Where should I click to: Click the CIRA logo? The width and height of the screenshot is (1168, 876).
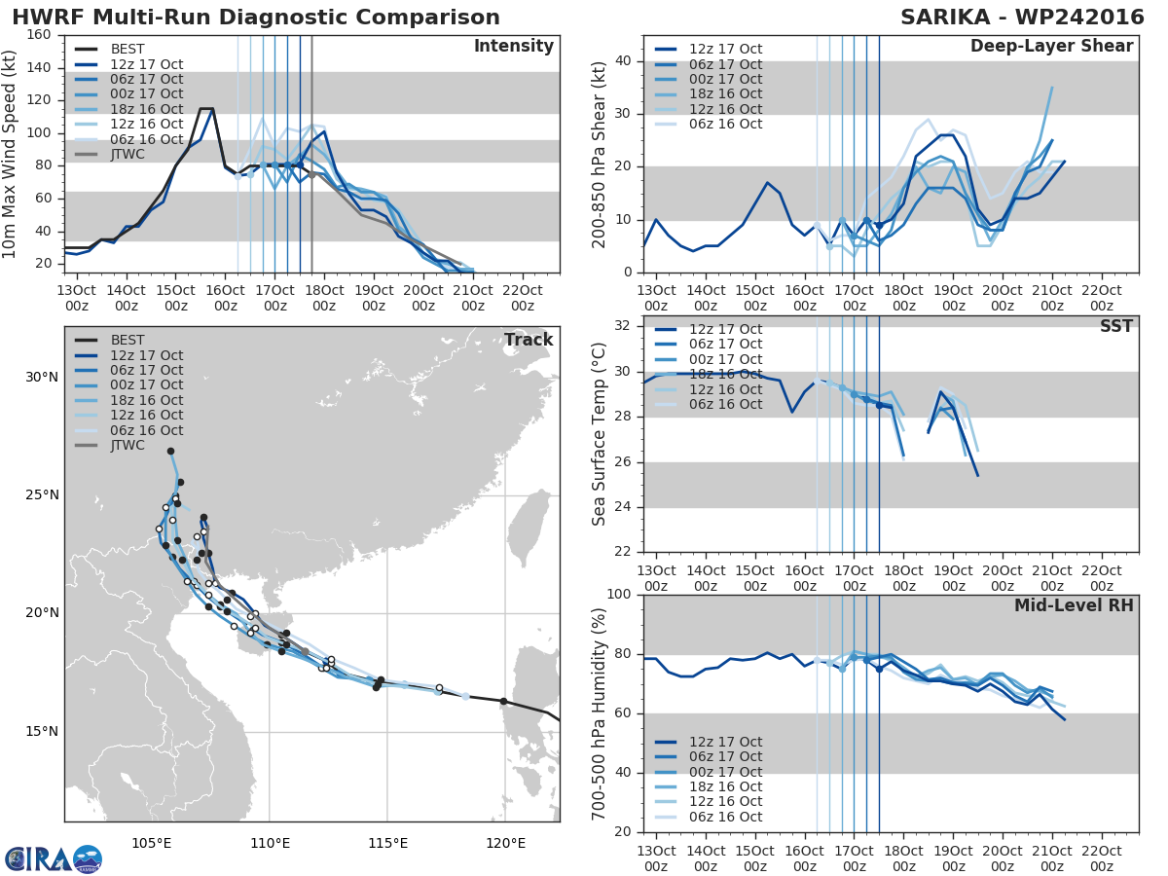[54, 859]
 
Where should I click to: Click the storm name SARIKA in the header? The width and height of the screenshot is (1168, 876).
[945, 17]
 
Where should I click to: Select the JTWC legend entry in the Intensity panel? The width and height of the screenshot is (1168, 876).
[113, 154]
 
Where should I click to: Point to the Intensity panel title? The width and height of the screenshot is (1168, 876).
[514, 47]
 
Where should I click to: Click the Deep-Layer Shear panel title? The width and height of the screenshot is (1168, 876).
[1051, 47]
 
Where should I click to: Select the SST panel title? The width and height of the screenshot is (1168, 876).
[1116, 326]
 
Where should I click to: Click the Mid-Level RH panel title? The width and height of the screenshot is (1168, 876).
[1074, 605]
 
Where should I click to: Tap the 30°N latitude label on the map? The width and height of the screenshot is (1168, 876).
[42, 377]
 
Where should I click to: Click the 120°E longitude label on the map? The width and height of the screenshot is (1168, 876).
[505, 843]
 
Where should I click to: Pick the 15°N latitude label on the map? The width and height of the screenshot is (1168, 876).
[42, 731]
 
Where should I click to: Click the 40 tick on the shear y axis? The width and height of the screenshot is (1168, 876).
[623, 60]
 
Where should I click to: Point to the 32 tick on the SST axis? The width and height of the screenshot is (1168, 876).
[623, 325]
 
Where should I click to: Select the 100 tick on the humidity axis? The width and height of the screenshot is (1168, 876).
[619, 594]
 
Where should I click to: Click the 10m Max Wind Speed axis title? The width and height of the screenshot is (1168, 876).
[9, 154]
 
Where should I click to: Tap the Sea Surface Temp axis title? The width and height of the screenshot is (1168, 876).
[599, 434]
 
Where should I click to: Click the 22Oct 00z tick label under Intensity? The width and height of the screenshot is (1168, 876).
[523, 298]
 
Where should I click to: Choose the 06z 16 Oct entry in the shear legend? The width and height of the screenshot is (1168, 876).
[709, 124]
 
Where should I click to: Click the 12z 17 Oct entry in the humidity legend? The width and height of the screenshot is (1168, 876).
[709, 742]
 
